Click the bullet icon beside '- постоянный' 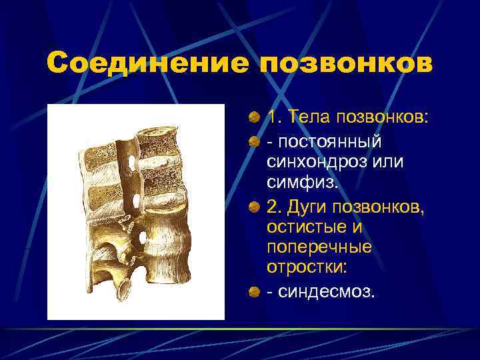(x=255, y=142)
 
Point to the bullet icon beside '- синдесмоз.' (x=255, y=291)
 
